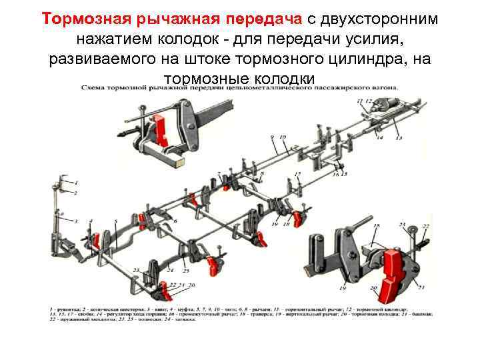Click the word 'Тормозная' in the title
pyautogui.click(x=74, y=18)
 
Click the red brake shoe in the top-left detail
pyautogui.click(x=160, y=126)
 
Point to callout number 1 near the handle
pyautogui.click(x=76, y=182)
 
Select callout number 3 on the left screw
pyautogui.click(x=75, y=221)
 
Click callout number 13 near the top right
pyautogui.click(x=399, y=138)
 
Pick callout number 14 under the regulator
pyautogui.click(x=380, y=138)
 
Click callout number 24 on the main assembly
pyautogui.click(x=170, y=271)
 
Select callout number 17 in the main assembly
pyautogui.click(x=298, y=175)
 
